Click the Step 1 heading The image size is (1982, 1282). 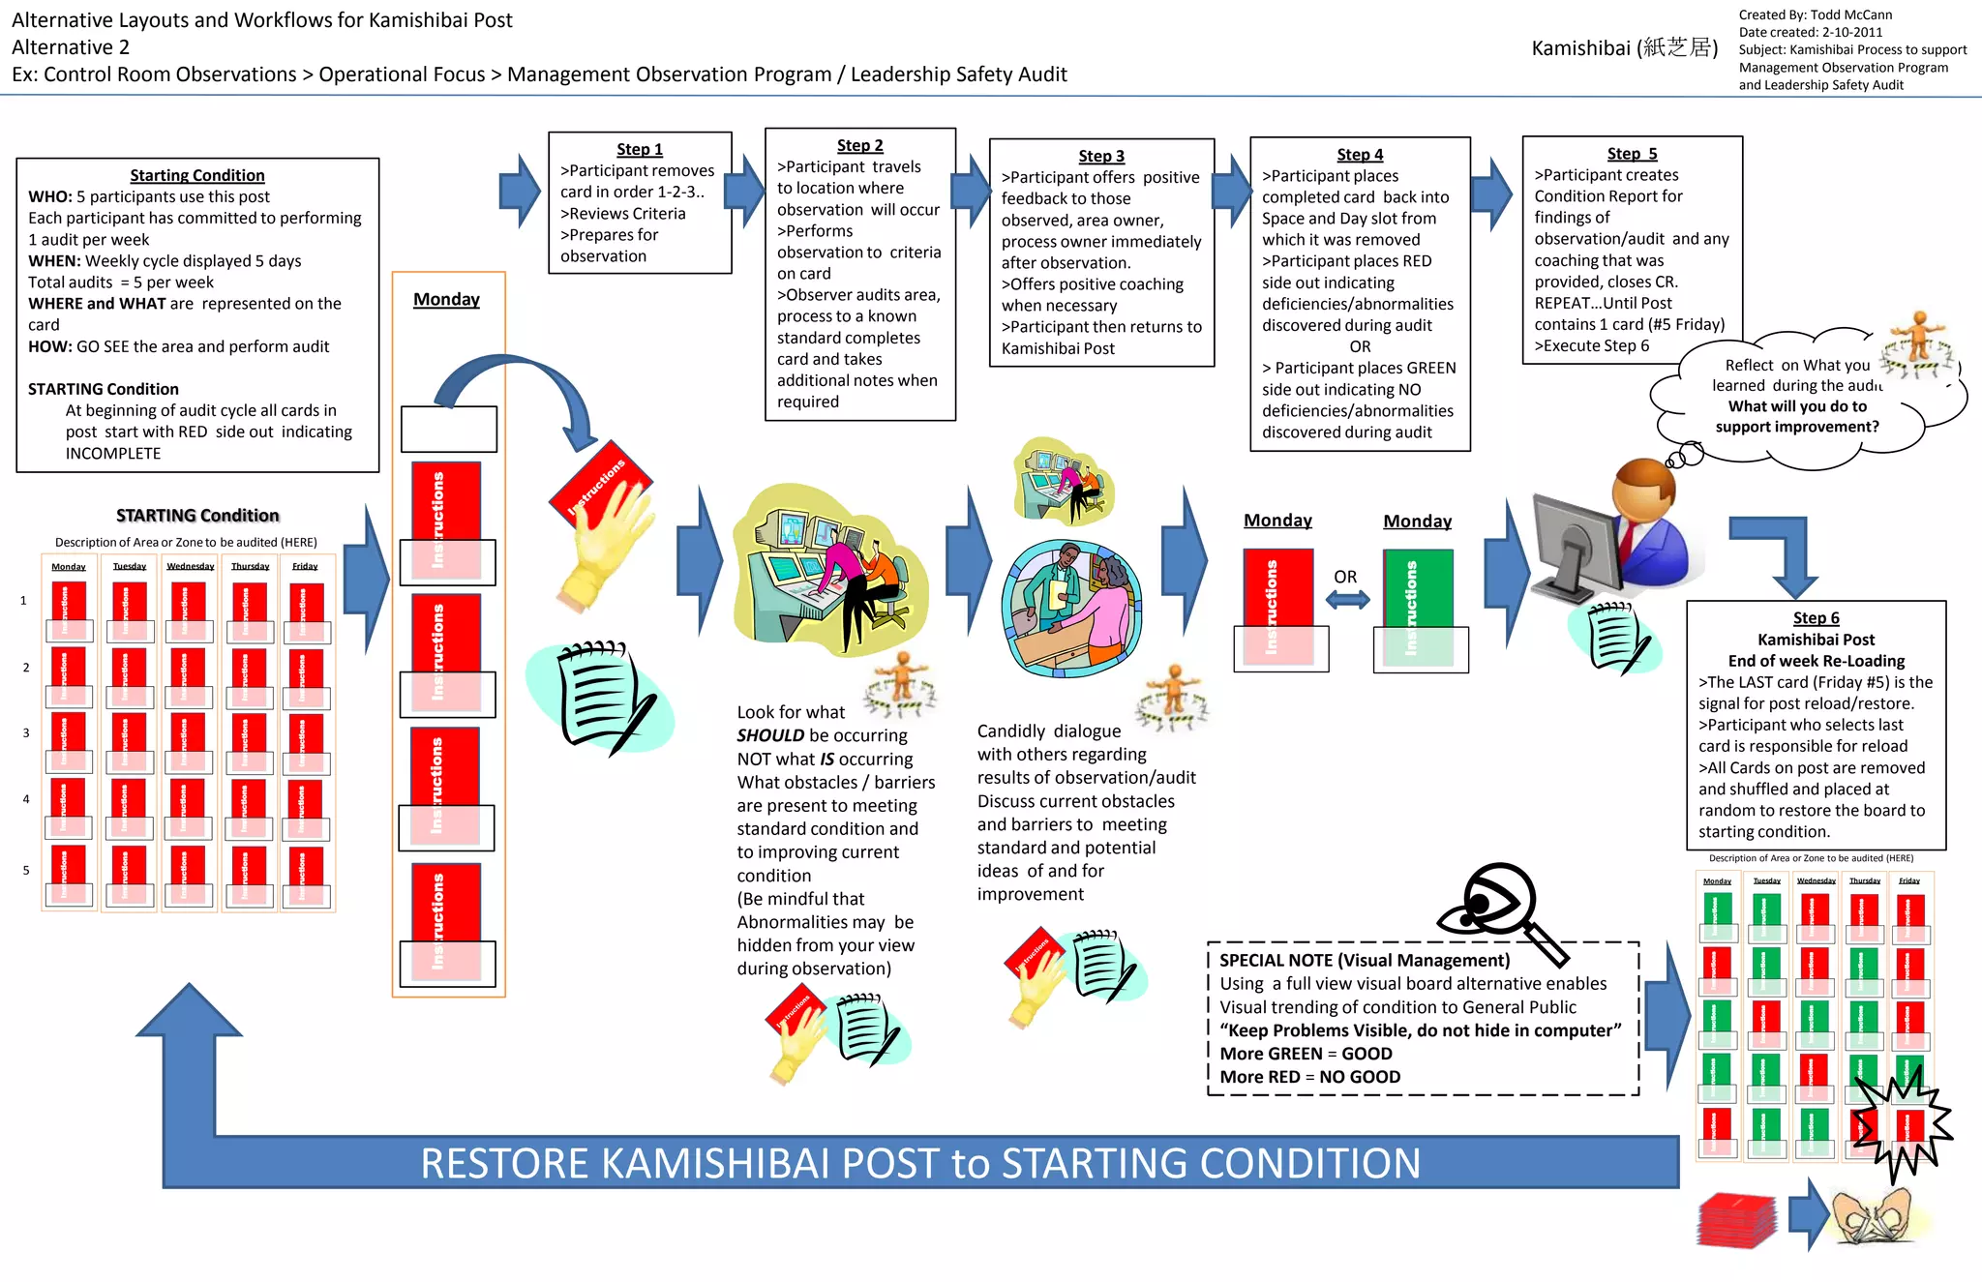click(640, 149)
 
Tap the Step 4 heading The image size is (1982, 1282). click(1360, 155)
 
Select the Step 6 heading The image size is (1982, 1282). click(1816, 618)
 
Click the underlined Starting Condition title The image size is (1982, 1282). click(197, 175)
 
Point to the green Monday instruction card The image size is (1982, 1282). click(1419, 590)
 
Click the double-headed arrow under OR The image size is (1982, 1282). click(1347, 600)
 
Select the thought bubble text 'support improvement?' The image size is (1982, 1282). click(1797, 427)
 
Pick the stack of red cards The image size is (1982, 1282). click(1737, 1221)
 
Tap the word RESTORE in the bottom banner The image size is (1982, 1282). click(504, 1163)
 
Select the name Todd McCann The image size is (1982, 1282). click(1851, 15)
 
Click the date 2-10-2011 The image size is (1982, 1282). click(1852, 32)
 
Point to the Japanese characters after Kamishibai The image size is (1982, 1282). click(1677, 47)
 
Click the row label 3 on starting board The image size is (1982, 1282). click(26, 733)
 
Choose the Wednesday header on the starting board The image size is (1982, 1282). click(190, 566)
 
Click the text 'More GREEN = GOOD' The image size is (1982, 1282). click(1306, 1054)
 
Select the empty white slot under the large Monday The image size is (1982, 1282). click(449, 429)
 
